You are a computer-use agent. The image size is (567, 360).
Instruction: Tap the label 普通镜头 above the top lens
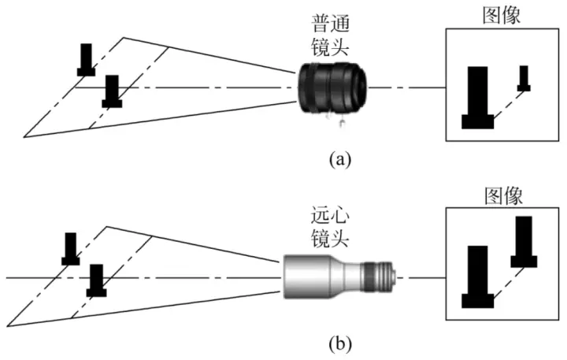(x=332, y=35)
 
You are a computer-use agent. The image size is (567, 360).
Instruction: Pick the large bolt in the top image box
(x=477, y=98)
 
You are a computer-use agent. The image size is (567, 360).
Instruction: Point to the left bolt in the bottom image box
(x=477, y=277)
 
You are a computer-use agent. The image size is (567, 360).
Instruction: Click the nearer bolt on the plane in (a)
(x=112, y=91)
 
